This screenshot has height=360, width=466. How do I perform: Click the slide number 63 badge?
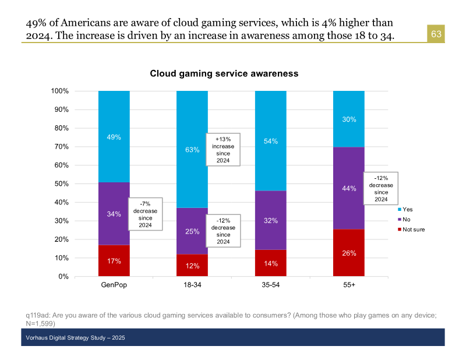click(436, 34)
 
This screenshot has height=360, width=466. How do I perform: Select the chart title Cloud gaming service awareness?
click(224, 74)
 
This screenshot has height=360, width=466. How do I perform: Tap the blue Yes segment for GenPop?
click(114, 136)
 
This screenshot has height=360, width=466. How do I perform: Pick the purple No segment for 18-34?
click(192, 231)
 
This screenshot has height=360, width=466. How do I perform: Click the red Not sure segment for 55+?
click(348, 253)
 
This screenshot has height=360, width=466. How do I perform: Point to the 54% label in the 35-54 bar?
click(270, 142)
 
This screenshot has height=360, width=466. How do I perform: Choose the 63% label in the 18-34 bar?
click(192, 150)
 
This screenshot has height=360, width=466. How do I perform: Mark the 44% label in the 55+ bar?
click(348, 188)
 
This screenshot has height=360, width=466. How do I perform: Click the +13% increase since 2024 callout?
click(223, 150)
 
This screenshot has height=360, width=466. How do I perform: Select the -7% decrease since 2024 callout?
click(145, 214)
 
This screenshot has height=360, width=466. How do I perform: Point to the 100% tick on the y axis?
click(60, 91)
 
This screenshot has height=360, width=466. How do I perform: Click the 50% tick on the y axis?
click(62, 184)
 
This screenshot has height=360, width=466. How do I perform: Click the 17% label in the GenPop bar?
click(114, 261)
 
